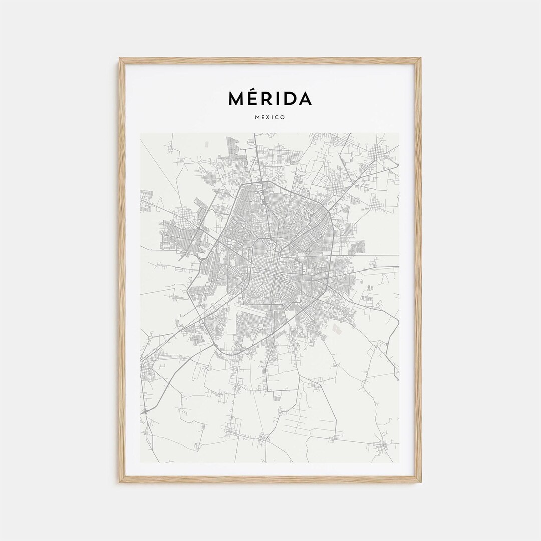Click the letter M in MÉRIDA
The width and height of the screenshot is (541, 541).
[236, 99]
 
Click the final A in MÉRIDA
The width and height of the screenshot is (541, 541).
[304, 99]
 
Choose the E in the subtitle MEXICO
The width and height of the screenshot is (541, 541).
[263, 117]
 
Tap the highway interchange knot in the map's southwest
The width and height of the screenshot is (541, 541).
[145, 410]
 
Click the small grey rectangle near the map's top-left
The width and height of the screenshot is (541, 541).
[206, 144]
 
